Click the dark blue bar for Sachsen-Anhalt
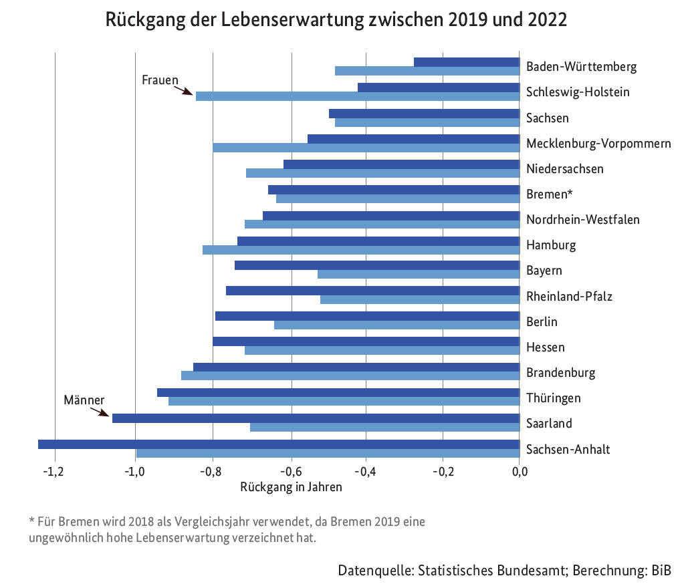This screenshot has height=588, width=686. click(278, 444)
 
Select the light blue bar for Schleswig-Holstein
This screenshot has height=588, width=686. click(357, 96)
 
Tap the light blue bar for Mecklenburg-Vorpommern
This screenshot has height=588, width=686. click(366, 148)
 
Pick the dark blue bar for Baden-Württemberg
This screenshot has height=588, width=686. click(467, 62)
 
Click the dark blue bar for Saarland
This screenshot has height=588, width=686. click(316, 418)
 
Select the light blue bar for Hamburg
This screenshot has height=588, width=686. click(361, 250)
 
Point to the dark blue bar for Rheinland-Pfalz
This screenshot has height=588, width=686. click(372, 291)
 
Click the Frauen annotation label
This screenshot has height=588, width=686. click(160, 80)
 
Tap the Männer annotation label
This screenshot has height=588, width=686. click(84, 400)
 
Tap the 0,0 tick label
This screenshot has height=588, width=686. click(520, 472)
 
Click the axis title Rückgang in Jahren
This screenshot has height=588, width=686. click(291, 487)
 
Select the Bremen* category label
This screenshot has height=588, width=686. click(550, 194)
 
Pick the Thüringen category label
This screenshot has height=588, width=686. click(553, 398)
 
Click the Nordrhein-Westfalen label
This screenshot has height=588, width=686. click(582, 220)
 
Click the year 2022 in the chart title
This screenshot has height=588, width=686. click(545, 20)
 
